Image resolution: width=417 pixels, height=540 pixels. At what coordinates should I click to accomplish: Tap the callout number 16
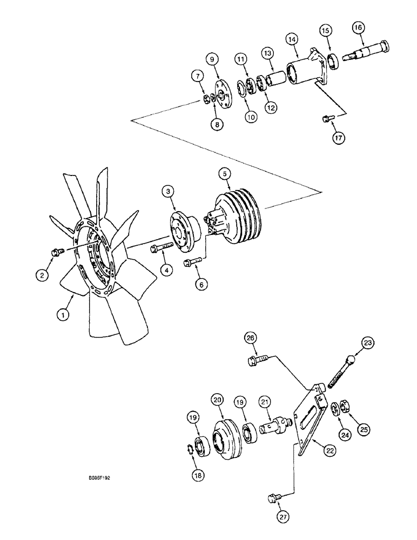[358, 26]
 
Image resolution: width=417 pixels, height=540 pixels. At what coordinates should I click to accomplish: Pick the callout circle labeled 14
[292, 39]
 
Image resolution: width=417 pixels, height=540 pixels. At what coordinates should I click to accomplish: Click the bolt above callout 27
[273, 496]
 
